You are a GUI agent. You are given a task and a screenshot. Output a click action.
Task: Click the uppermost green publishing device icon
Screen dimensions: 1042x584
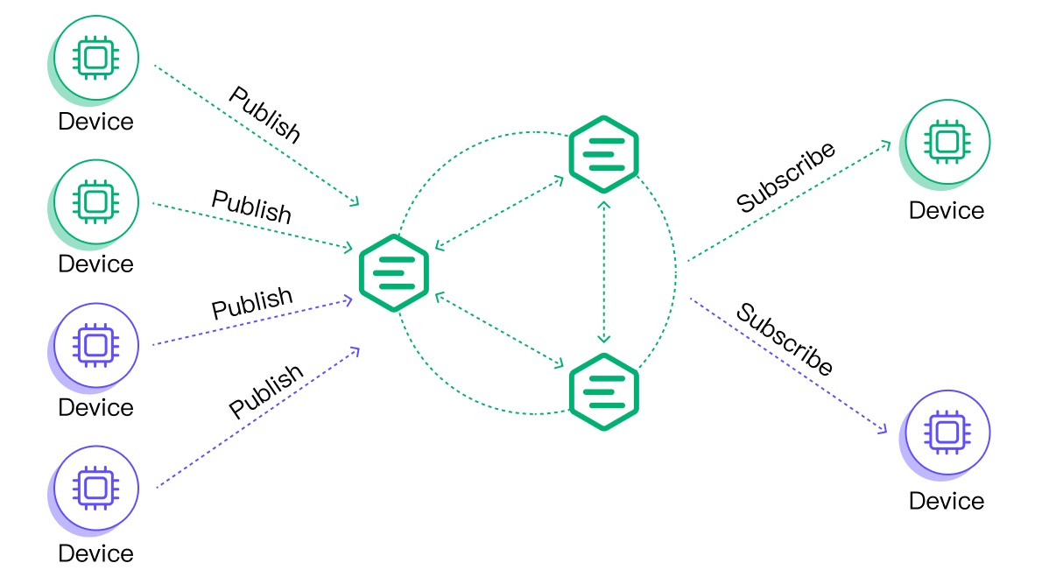[95, 58]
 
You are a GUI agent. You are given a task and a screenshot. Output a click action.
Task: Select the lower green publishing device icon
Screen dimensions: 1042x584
[95, 201]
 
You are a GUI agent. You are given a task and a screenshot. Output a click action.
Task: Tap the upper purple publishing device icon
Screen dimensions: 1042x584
[95, 345]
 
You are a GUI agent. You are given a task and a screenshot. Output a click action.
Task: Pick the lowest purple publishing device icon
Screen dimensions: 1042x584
[95, 488]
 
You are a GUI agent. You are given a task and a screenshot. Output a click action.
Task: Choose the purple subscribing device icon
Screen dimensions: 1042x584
[947, 433]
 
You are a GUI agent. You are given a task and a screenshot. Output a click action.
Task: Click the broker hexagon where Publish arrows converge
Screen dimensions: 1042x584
[394, 273]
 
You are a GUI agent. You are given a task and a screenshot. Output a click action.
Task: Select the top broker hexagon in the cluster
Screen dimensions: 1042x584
[603, 154]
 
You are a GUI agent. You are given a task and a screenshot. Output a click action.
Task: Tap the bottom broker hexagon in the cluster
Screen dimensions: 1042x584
[603, 391]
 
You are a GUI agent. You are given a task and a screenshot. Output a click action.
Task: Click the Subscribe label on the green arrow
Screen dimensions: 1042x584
[785, 177]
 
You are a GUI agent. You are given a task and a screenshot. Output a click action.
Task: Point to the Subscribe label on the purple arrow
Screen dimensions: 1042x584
[785, 339]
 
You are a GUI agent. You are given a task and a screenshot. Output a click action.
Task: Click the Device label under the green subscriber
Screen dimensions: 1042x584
[947, 210]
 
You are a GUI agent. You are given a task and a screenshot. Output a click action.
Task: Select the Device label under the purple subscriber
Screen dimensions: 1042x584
[947, 501]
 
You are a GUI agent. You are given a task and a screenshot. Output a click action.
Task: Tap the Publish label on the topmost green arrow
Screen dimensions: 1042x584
[264, 115]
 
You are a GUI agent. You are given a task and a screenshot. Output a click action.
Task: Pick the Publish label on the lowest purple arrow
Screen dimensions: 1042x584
[266, 391]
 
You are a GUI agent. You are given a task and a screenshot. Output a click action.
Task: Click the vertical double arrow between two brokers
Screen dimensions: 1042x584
[603, 272]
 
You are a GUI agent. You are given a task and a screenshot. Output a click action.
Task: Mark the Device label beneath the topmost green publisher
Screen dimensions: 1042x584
[95, 122]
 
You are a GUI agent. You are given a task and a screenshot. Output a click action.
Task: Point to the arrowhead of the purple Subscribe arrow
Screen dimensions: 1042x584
[884, 429]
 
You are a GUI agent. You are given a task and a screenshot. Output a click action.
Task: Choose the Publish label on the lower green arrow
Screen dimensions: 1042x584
[252, 207]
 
